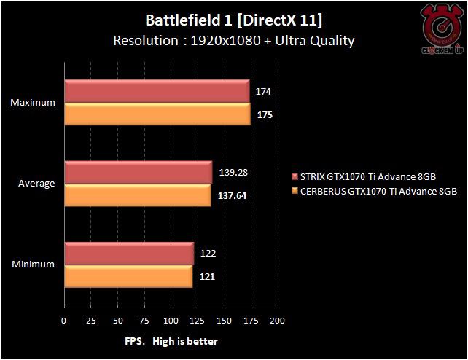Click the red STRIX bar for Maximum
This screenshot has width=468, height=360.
[x=157, y=92]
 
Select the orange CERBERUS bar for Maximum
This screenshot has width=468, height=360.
[x=157, y=114]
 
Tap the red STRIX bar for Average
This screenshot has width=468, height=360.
[x=138, y=173]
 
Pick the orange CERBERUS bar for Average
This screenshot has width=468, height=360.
[x=137, y=195]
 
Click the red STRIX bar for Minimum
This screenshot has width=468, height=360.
[x=129, y=254]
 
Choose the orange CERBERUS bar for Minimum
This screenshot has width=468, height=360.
[x=128, y=276]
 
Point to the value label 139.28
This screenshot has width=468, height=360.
[x=234, y=172]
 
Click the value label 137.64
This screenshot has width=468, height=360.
[x=233, y=195]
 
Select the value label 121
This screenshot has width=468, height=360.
[x=207, y=276]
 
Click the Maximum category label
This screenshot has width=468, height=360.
[x=33, y=103]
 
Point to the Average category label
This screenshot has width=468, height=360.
[x=36, y=184]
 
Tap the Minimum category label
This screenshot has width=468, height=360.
[x=33, y=265]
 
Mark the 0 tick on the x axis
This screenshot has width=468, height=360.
[x=64, y=320]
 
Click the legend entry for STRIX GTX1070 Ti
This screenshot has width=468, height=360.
[x=375, y=176]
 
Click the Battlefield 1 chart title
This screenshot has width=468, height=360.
[x=234, y=20]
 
